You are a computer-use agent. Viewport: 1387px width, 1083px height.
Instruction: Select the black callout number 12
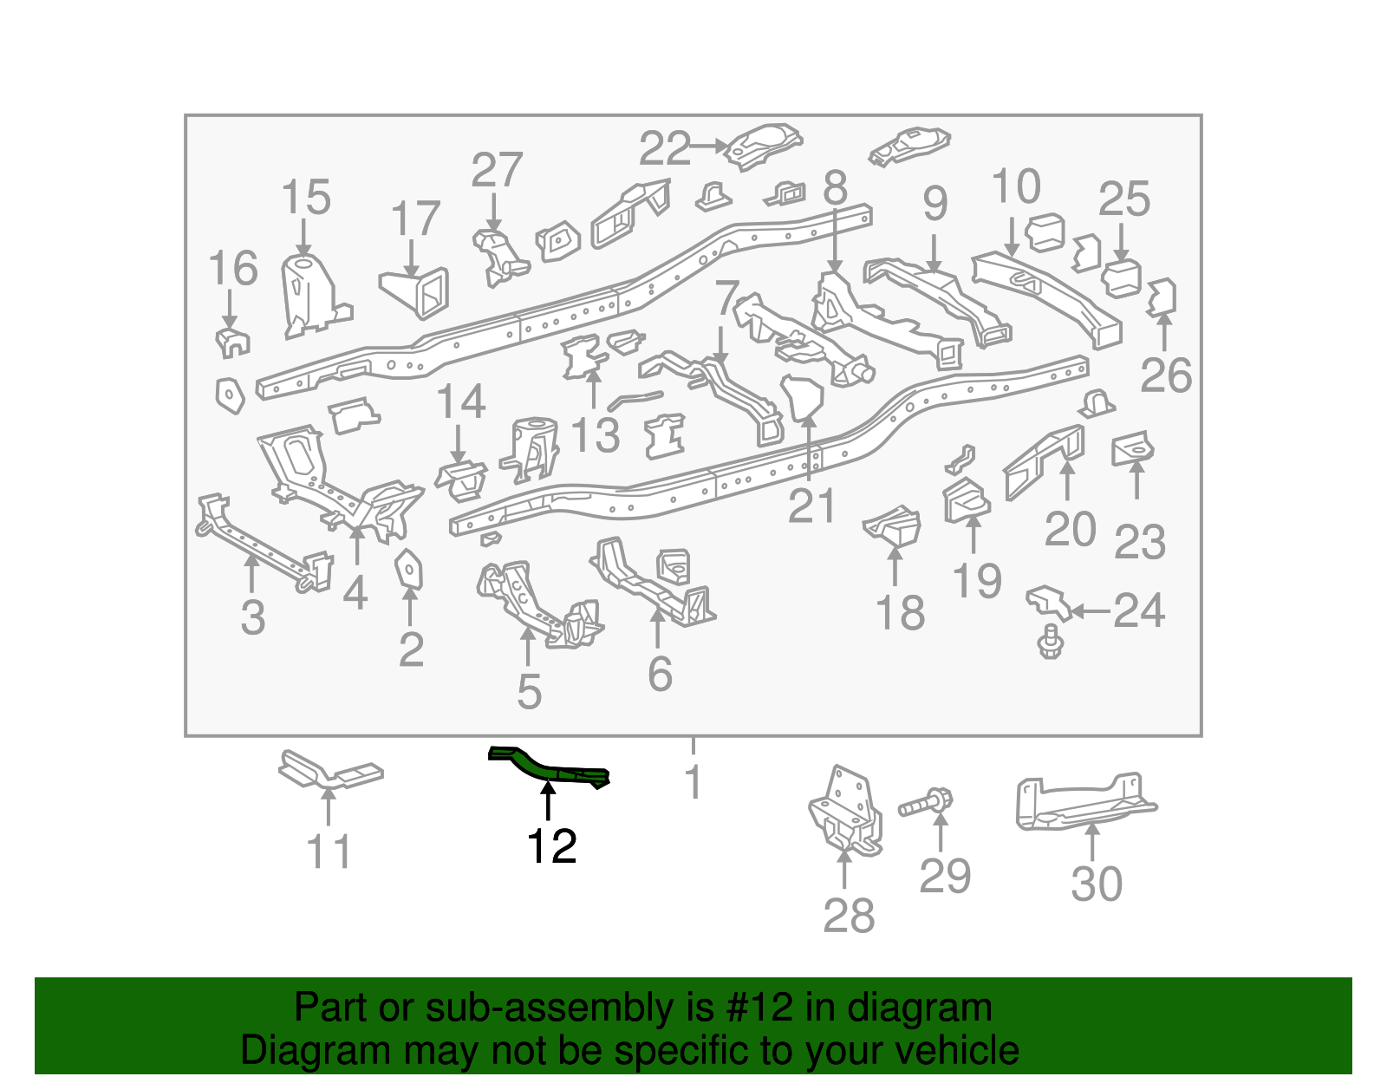tap(552, 846)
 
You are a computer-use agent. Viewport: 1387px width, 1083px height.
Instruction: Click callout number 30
tap(1097, 884)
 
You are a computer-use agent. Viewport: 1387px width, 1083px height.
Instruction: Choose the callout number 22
tap(665, 148)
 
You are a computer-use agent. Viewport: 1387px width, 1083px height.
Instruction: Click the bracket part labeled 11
tap(329, 771)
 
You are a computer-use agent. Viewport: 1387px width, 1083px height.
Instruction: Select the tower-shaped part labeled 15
tap(308, 295)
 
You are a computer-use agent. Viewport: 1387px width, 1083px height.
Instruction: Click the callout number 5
tap(529, 692)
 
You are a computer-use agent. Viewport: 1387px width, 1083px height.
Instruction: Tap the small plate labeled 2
tap(408, 570)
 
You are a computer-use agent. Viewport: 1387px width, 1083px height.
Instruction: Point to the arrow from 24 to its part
tap(1091, 611)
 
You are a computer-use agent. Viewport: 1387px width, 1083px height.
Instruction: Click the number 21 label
tap(811, 506)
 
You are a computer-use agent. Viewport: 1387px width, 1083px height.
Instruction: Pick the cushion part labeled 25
tap(1121, 277)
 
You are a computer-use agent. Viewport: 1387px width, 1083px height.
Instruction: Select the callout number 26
tap(1166, 375)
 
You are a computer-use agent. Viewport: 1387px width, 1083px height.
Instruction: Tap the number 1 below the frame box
tap(693, 782)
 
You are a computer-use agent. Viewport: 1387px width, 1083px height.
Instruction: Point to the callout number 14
tap(460, 402)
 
